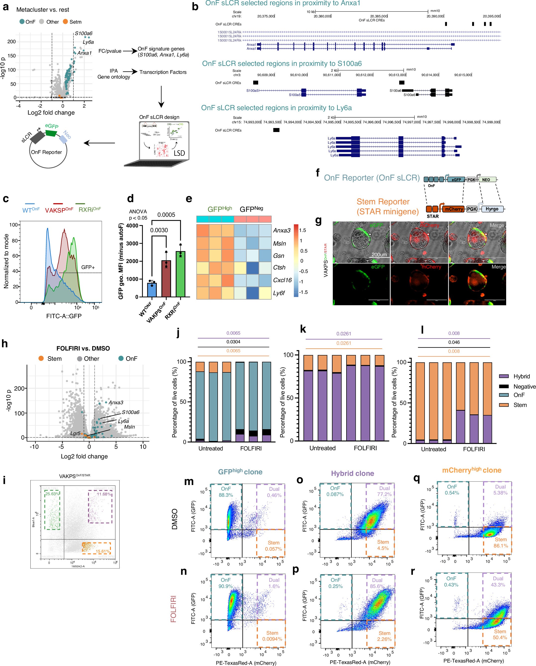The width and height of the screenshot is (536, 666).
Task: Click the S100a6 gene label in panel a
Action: (x=84, y=33)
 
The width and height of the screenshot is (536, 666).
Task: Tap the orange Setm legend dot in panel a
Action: (x=65, y=22)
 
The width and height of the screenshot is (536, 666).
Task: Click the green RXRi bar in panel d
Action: (x=180, y=274)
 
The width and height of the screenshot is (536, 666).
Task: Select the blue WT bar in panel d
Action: (x=152, y=290)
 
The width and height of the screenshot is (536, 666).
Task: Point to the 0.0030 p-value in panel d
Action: (x=159, y=230)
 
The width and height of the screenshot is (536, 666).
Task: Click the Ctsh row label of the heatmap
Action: (x=279, y=267)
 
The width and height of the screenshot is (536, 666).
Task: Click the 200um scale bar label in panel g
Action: (x=379, y=255)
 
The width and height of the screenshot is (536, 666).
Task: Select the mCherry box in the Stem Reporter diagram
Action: (x=454, y=209)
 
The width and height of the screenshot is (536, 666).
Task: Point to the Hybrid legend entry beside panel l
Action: (x=522, y=376)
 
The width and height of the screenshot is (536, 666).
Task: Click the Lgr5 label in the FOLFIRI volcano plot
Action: (x=75, y=433)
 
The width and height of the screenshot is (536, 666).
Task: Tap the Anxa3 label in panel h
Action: (x=116, y=402)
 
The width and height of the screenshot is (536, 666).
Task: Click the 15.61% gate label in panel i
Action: (x=103, y=551)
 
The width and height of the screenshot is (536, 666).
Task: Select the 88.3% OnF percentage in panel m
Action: (x=226, y=495)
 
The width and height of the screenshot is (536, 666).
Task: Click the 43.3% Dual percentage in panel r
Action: (x=498, y=585)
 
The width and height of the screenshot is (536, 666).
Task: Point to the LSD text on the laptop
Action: (x=179, y=153)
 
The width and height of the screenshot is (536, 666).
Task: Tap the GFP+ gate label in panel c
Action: (x=88, y=267)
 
